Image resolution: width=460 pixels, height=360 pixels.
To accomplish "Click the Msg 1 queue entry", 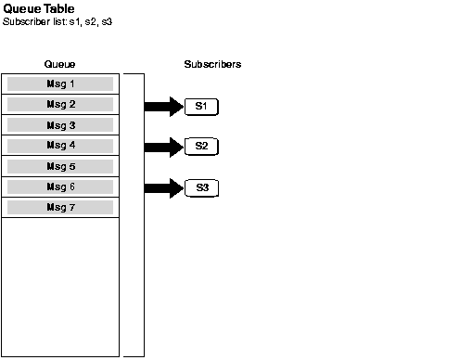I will tap(60, 84).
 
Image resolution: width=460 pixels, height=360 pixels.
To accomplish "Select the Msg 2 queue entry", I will tap(60, 104).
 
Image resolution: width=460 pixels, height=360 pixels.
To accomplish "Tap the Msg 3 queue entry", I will tap(60, 125).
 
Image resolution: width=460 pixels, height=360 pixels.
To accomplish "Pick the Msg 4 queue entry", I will tap(60, 146).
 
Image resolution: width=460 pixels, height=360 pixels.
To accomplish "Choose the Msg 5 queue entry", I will tap(60, 166).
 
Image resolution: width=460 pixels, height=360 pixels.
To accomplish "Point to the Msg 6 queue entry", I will tap(60, 186).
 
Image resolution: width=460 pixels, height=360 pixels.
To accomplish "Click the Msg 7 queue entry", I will tap(60, 207).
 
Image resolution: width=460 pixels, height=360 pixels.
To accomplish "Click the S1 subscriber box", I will tap(201, 107).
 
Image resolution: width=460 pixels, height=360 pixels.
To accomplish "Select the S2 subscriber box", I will tap(201, 147).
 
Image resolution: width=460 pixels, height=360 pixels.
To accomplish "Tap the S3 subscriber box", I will tap(201, 188).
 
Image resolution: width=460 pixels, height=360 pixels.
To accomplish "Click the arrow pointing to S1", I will tap(164, 107).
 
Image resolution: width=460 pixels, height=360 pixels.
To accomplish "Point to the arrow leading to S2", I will tap(164, 147).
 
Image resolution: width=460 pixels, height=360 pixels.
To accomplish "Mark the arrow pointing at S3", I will tap(164, 188).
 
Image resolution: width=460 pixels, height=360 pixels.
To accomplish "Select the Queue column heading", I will tap(60, 65).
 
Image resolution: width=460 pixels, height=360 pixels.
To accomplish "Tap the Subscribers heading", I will tap(212, 65).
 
